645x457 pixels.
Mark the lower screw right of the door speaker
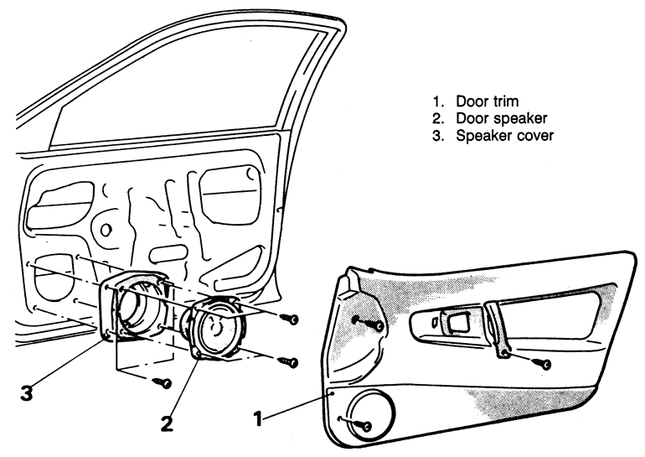tap(292, 362)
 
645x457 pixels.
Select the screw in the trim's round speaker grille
tap(367, 426)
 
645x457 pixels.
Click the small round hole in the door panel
tap(105, 228)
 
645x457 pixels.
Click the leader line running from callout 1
tap(297, 400)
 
